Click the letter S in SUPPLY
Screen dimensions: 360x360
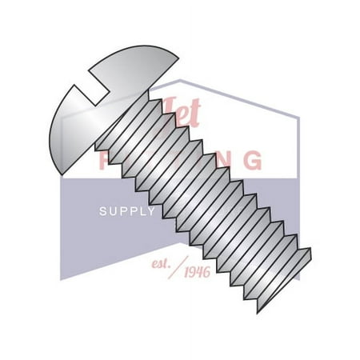click(102, 212)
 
